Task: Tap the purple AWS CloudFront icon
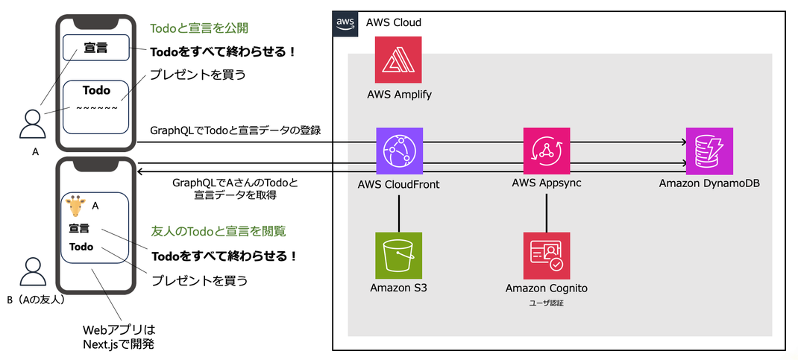coord(400,151)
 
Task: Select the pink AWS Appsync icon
coord(547,151)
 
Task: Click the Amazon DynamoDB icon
coord(709,151)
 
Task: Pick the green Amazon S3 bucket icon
coord(398,256)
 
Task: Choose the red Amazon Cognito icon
coord(547,256)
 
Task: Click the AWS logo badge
coord(345,23)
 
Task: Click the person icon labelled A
coord(33,124)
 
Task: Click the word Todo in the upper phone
coord(96,90)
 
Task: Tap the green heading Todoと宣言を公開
coord(199,29)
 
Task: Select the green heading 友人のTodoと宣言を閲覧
coord(219,232)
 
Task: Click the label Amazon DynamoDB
coord(709,183)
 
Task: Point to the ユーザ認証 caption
coord(547,303)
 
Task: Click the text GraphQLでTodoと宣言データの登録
coord(235,130)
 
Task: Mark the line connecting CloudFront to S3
coord(399,212)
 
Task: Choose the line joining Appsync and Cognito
coord(547,212)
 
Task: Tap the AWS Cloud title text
coord(393,23)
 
